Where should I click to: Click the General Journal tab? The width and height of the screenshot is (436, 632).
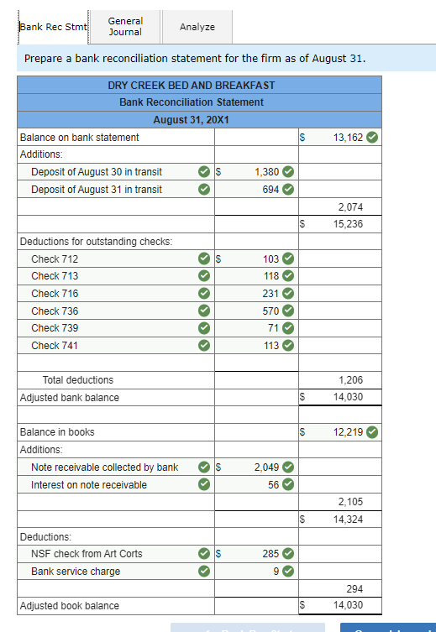[125, 26]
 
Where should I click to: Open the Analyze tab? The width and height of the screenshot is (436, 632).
[197, 27]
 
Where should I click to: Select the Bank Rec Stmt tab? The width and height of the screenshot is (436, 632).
[53, 27]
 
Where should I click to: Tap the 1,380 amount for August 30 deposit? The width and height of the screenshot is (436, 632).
[266, 172]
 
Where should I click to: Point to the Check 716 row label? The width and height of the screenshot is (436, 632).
[55, 294]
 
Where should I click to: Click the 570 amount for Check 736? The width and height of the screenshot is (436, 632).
[271, 311]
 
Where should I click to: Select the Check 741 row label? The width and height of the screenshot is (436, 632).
[55, 346]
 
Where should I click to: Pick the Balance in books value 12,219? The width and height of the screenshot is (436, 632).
[348, 432]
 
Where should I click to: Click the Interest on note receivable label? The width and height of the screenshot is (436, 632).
[88, 485]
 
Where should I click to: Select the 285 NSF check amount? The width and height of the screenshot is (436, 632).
[271, 554]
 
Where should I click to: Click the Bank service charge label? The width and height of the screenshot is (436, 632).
[75, 572]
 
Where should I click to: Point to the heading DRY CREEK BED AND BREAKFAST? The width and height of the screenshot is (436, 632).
[192, 86]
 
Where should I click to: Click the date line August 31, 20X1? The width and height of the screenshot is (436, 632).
[192, 120]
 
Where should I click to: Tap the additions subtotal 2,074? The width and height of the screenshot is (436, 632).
[350, 206]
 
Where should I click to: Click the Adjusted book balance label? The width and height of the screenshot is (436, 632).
[69, 606]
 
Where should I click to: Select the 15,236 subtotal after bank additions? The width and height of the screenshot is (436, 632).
[348, 224]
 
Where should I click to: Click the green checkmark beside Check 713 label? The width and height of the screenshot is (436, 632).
[204, 276]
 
